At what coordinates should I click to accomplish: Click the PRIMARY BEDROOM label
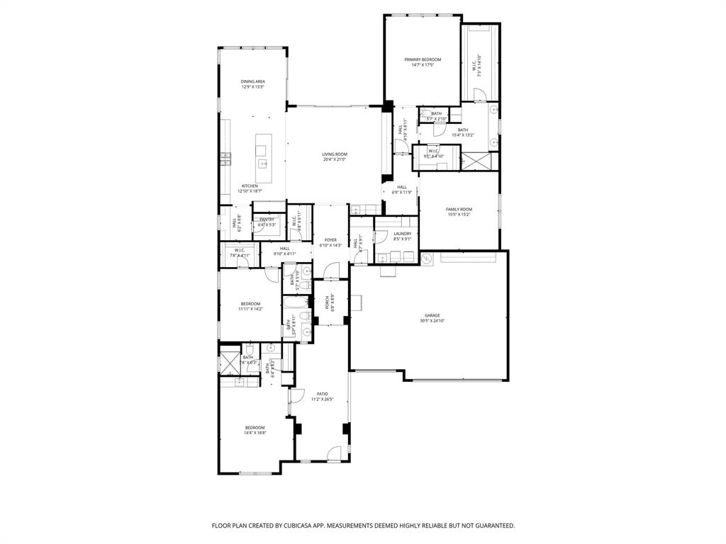[423, 59]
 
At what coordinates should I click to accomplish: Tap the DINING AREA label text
[252, 81]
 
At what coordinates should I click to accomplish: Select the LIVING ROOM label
[335, 154]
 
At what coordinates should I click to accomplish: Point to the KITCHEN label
[250, 186]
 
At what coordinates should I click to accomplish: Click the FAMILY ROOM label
[459, 209]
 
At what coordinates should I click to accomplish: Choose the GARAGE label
[432, 315]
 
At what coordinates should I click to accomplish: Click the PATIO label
[322, 394]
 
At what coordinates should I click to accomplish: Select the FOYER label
[330, 240]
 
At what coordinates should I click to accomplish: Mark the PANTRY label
[267, 220]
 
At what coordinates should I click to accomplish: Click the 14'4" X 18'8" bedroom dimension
[255, 433]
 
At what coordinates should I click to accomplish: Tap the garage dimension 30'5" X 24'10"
[432, 321]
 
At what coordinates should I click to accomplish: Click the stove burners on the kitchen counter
[225, 157]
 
